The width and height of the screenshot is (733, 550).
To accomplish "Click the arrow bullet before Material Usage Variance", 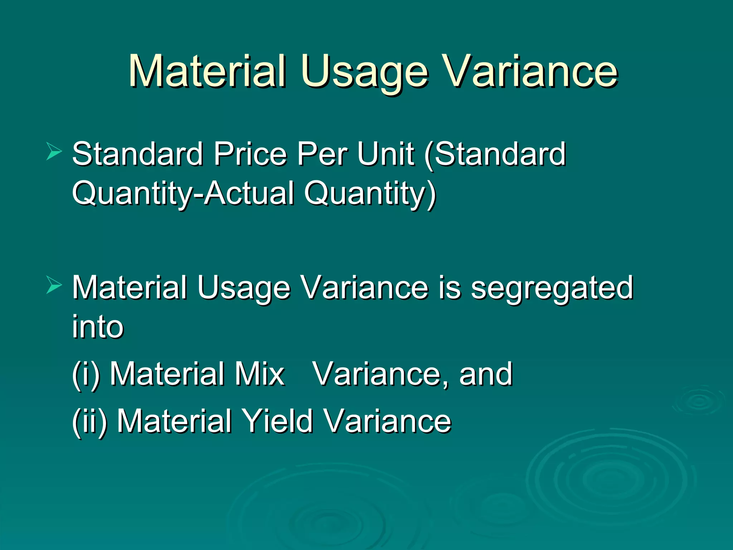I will click(54, 285).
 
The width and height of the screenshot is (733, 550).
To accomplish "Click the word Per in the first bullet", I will click(322, 155).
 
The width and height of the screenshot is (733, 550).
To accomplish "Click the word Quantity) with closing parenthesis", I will click(370, 194).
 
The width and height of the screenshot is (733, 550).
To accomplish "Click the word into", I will click(98, 327).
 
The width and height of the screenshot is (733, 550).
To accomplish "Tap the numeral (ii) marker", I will click(89, 421).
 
